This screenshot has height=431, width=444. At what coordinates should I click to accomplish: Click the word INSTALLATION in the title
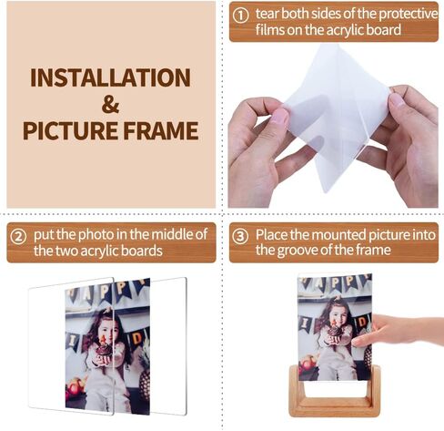click(x=111, y=77)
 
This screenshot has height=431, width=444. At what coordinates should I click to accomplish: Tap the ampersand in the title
click(x=110, y=103)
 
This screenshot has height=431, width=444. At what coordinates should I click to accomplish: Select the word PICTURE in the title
click(x=68, y=130)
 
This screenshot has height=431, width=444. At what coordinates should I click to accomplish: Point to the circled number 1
click(x=241, y=15)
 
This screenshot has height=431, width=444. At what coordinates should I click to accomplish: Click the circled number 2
click(x=18, y=235)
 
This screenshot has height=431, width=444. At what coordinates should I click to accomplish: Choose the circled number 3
click(x=240, y=235)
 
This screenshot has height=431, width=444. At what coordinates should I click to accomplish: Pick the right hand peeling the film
click(x=409, y=137)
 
